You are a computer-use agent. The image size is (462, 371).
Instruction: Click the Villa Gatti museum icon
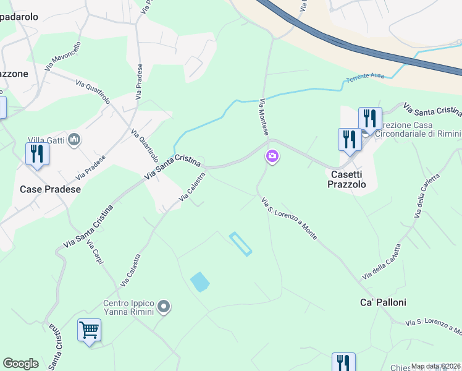point(75,140)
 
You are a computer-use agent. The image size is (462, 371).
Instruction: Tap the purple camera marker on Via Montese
point(272,158)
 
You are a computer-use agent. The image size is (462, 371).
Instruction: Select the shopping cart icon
point(89,330)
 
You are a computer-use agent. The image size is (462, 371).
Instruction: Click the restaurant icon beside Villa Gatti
point(37,154)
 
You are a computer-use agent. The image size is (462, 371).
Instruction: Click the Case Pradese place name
point(51,189)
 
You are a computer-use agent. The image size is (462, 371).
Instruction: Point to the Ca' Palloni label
point(383,302)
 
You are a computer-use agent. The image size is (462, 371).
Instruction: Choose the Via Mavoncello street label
point(63,55)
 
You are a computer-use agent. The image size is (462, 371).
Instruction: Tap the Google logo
point(20,364)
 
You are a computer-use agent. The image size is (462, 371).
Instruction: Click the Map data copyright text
point(435,366)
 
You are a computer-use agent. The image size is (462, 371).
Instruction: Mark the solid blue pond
point(199,282)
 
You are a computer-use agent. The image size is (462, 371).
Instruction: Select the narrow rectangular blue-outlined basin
point(240,244)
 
